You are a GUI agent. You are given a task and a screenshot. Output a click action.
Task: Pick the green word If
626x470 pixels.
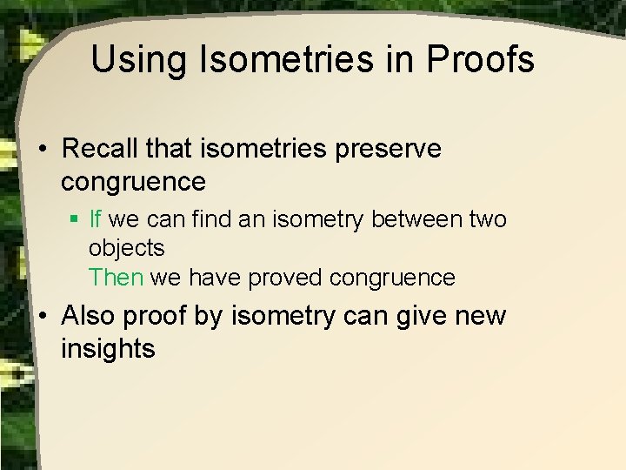96,218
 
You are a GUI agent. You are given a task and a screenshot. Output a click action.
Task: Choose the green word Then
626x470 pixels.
117,278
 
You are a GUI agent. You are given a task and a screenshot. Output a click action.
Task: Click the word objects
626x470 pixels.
126,249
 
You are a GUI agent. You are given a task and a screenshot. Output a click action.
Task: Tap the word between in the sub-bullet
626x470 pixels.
412,218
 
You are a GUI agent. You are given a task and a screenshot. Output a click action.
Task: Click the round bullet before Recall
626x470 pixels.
42,150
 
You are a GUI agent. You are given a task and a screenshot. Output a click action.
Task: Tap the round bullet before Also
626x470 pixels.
42,316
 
